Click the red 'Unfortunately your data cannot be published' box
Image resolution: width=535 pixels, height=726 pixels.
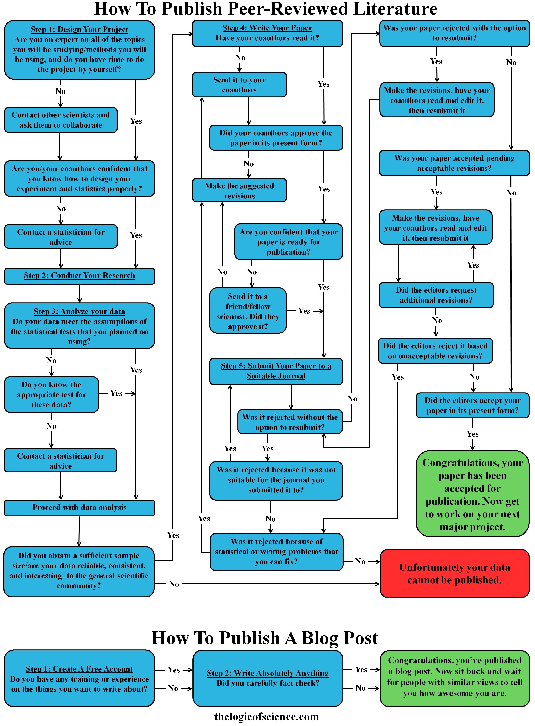click(x=454, y=573)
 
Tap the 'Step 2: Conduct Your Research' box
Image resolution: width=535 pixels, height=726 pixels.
click(x=79, y=276)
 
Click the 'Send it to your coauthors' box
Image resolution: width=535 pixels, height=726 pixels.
click(x=239, y=85)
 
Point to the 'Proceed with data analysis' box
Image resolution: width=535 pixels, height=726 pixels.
click(x=79, y=508)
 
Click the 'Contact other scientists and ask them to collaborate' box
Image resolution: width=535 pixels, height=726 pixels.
click(x=61, y=120)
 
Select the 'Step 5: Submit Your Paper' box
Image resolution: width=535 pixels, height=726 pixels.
click(x=276, y=371)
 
